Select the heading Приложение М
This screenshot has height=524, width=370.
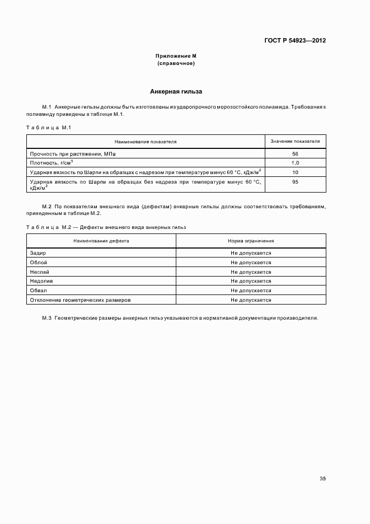[x=176, y=57]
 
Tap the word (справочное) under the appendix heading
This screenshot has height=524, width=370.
[x=176, y=63]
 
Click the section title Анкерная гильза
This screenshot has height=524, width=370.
[x=176, y=91]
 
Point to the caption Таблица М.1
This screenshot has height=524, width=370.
[x=48, y=128]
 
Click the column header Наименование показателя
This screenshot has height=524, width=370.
[x=146, y=142]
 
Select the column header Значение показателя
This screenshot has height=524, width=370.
[x=295, y=142]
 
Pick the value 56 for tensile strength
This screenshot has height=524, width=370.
[x=295, y=153]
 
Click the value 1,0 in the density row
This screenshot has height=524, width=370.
[x=295, y=162]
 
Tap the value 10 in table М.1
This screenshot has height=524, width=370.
[x=295, y=172]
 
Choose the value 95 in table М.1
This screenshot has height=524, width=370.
[x=295, y=182]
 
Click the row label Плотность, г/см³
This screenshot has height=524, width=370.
[x=51, y=162]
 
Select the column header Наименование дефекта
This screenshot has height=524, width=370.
[x=101, y=240]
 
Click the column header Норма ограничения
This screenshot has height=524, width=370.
[x=251, y=240]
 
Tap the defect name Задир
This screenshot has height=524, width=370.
[x=38, y=253]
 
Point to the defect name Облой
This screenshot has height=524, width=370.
[x=38, y=262]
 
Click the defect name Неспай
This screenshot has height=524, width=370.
[x=39, y=272]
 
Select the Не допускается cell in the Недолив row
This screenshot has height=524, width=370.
[x=251, y=281]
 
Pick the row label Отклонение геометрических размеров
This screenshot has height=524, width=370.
[x=79, y=300]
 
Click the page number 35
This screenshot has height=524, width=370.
[x=322, y=479]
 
